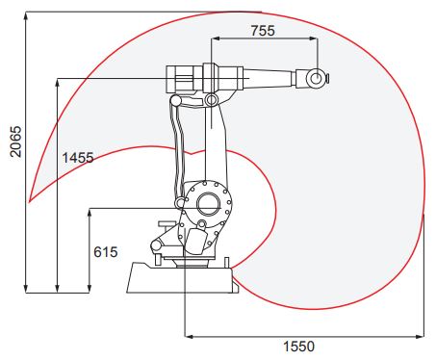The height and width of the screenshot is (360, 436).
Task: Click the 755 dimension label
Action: [263, 31]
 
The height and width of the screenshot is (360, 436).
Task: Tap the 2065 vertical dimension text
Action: [15, 141]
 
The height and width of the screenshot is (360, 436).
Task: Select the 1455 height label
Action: [78, 158]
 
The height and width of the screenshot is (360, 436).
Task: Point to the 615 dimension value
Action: [106, 252]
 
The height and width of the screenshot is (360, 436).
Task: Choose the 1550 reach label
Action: [298, 347]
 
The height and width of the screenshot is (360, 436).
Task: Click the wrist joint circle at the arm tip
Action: [316, 78]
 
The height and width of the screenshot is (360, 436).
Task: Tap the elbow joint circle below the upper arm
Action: [212, 100]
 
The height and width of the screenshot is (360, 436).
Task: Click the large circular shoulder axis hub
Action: [209, 204]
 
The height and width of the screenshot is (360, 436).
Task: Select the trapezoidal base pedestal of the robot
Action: [183, 277]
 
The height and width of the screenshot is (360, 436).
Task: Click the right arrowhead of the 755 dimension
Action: [314, 39]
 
